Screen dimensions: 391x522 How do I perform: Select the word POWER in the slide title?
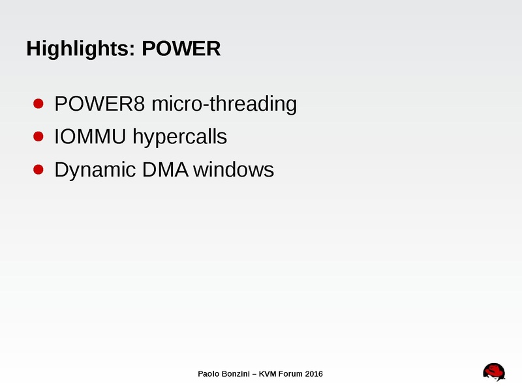(181, 48)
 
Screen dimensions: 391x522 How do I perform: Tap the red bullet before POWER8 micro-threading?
(38, 104)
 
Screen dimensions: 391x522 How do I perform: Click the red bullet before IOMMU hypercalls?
(38, 137)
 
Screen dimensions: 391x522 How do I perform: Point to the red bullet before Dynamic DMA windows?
(38, 170)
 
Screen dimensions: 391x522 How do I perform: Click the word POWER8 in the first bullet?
(100, 104)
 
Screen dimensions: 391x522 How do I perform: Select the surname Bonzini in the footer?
(238, 374)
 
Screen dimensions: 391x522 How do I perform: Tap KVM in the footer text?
(269, 374)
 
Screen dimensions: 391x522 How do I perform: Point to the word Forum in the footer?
(293, 374)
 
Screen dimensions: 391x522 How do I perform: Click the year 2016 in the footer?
(315, 374)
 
